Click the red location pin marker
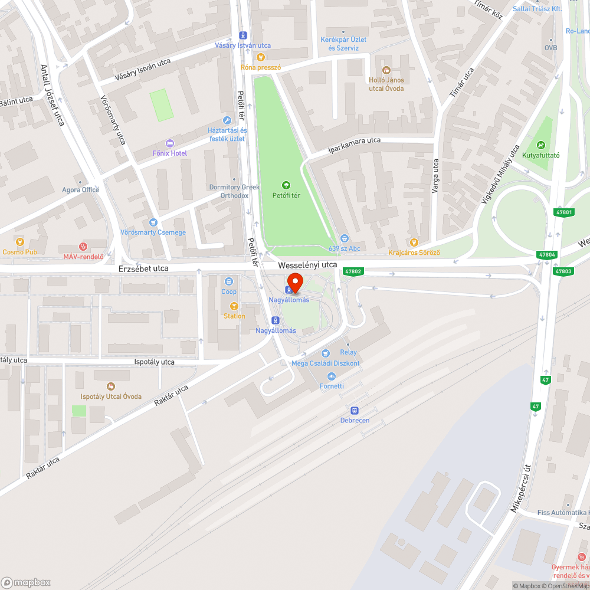[294, 283]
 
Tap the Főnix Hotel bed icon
[170, 143]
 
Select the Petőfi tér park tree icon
[286, 185]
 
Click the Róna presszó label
[260, 67]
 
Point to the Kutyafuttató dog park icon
[540, 145]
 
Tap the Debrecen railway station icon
[355, 410]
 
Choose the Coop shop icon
[229, 281]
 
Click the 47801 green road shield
[564, 212]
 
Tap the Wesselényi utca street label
[308, 265]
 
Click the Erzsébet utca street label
[143, 268]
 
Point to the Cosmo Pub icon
[21, 241]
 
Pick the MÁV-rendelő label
[83, 257]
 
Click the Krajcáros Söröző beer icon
[414, 242]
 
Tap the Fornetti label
[331, 386]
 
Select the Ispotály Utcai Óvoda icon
[110, 386]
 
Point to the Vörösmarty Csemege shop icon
[153, 222]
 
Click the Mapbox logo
[26, 582]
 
